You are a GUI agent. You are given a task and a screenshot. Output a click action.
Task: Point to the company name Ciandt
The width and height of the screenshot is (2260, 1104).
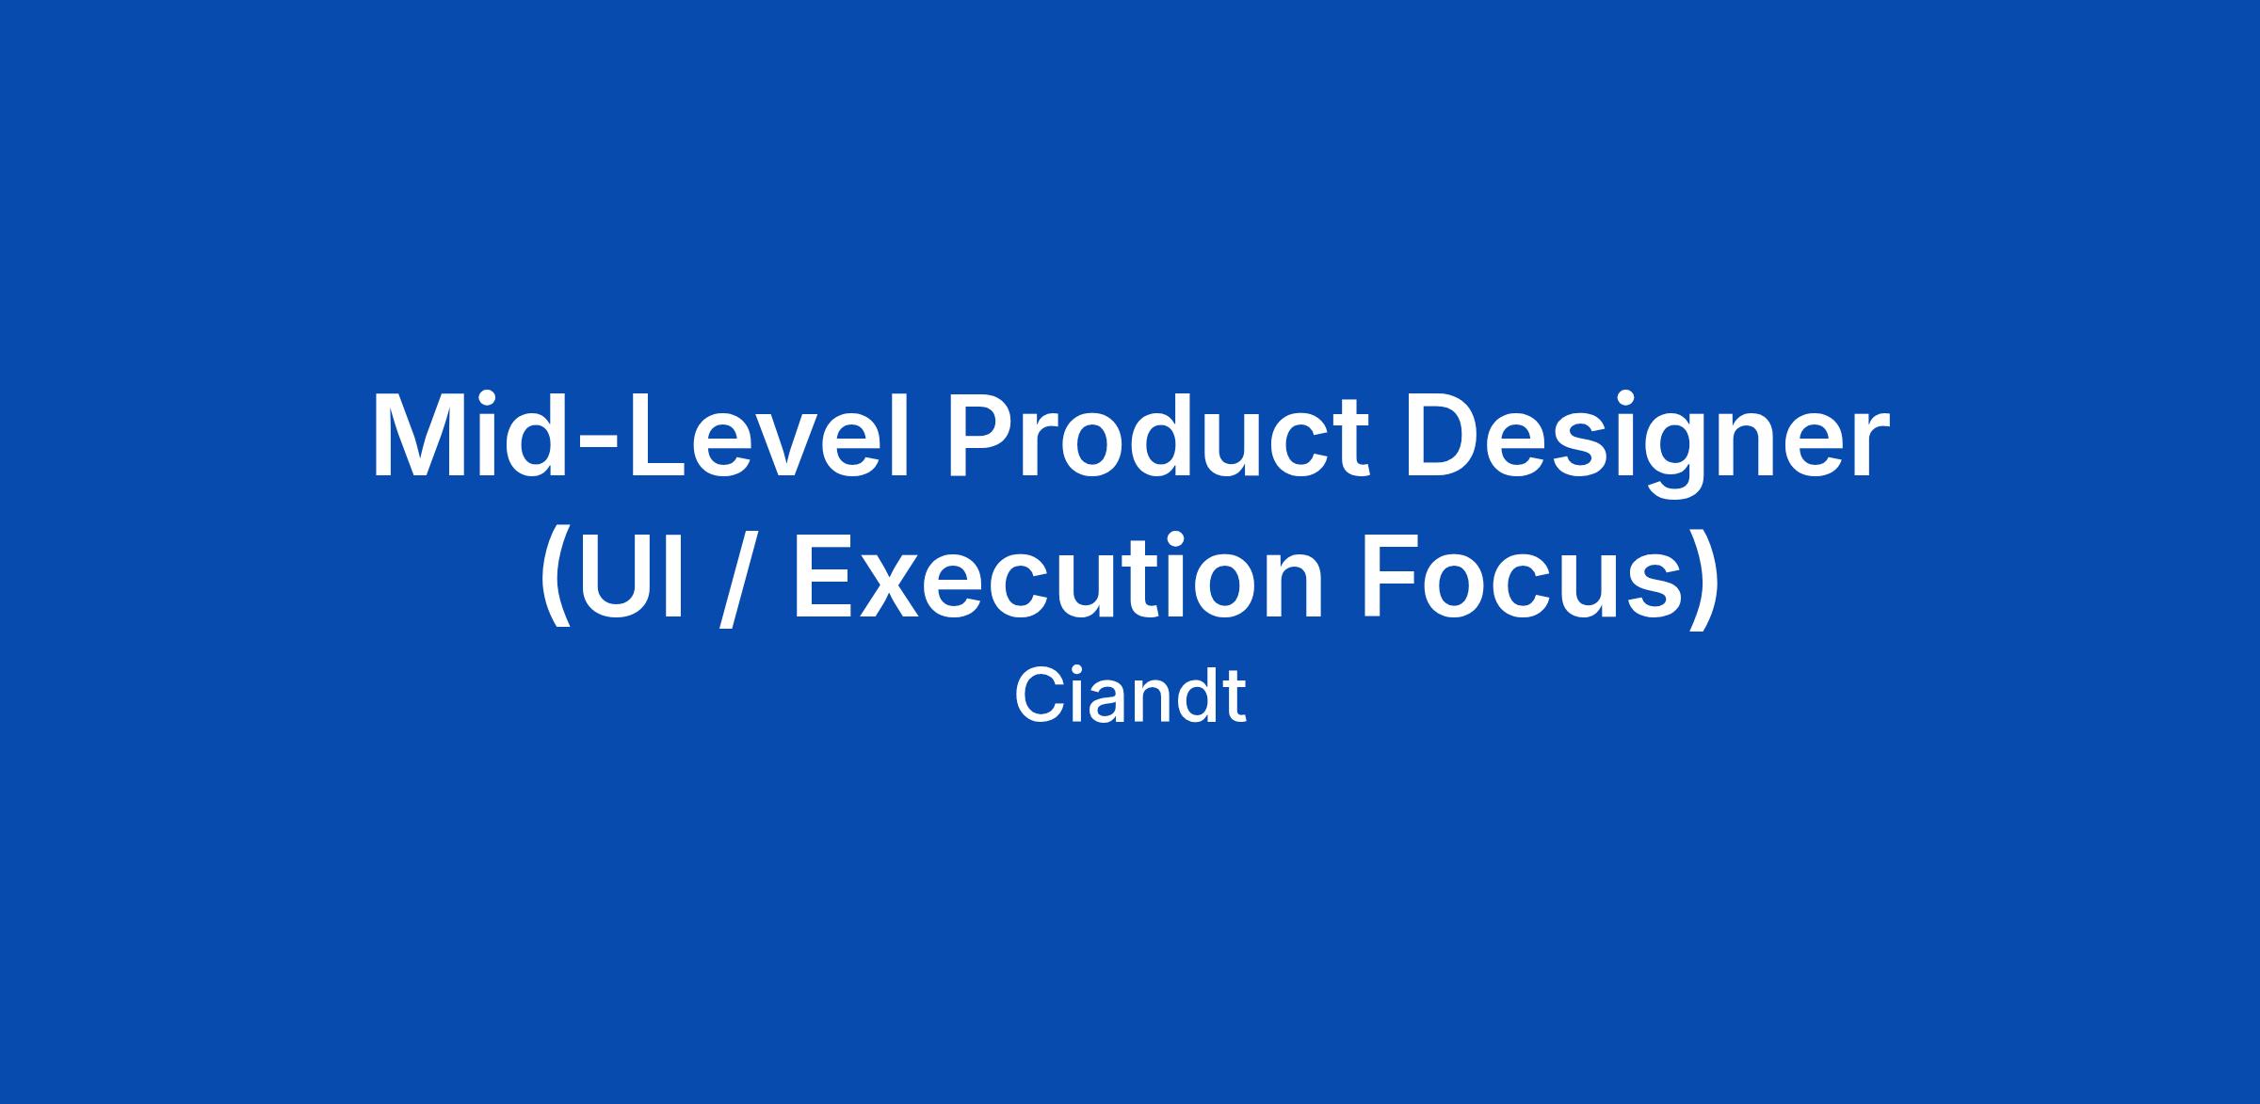[x=1130, y=696]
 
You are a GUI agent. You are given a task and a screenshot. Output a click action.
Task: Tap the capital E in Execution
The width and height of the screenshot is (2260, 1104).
[x=824, y=575]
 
